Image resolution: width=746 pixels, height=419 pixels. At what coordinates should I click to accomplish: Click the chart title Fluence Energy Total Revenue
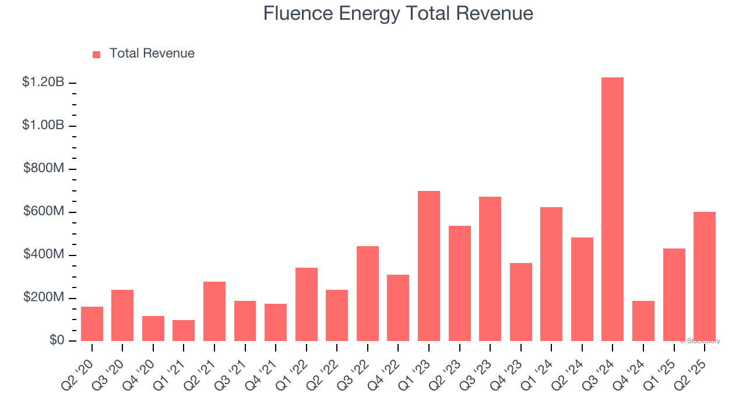tap(398, 13)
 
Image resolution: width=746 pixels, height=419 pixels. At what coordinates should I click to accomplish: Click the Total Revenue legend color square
tap(96, 54)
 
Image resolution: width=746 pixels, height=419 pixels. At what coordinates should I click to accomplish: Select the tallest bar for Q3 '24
tap(613, 209)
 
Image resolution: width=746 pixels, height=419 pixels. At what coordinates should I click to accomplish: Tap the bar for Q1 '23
tap(429, 266)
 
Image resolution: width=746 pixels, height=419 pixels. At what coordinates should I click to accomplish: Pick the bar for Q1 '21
tap(184, 331)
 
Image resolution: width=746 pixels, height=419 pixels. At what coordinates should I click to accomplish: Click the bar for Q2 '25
tap(705, 276)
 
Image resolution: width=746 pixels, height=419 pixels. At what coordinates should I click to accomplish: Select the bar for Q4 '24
tap(643, 321)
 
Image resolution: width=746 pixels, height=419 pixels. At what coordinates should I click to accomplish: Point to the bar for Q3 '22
tap(368, 293)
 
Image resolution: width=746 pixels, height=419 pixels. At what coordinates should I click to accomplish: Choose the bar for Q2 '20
tap(92, 324)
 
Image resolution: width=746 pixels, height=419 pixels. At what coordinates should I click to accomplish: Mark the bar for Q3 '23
tap(490, 269)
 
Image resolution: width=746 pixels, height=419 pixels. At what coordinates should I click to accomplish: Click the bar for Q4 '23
tap(521, 302)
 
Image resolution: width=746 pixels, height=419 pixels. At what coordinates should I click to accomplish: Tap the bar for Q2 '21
tap(214, 311)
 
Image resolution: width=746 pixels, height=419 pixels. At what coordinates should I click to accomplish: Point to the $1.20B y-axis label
tap(43, 83)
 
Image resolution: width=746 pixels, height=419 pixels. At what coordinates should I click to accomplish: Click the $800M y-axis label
tap(44, 169)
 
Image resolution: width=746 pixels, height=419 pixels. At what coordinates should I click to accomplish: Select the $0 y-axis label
tap(57, 340)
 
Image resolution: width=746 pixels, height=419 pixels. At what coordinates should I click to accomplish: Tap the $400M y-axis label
tap(44, 255)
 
